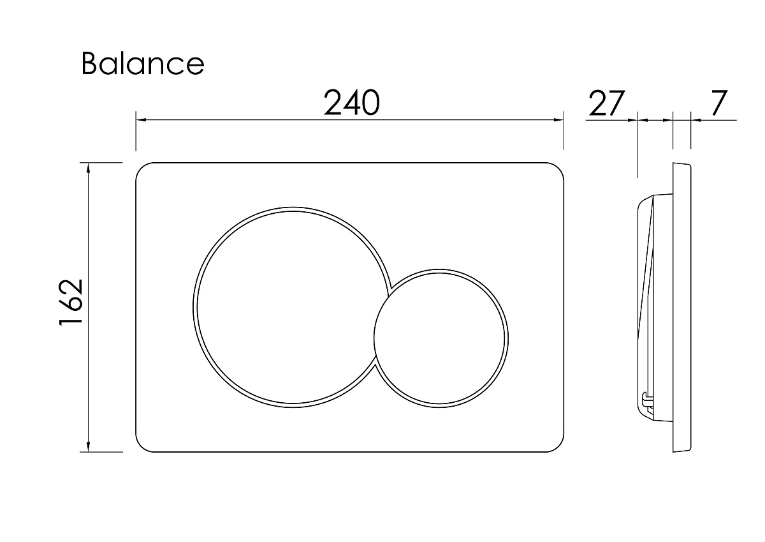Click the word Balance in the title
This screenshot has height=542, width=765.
143,63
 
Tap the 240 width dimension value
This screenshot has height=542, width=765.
351,102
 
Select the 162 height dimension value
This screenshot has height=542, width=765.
71,303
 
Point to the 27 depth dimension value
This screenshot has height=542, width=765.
607,103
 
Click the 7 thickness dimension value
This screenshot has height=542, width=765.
718,103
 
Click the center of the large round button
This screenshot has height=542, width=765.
293,307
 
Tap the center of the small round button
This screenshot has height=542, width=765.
441,338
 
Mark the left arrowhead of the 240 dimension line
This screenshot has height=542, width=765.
141,119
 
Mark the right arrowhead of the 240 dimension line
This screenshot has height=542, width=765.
558,119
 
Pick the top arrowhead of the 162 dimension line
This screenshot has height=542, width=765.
89,169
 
